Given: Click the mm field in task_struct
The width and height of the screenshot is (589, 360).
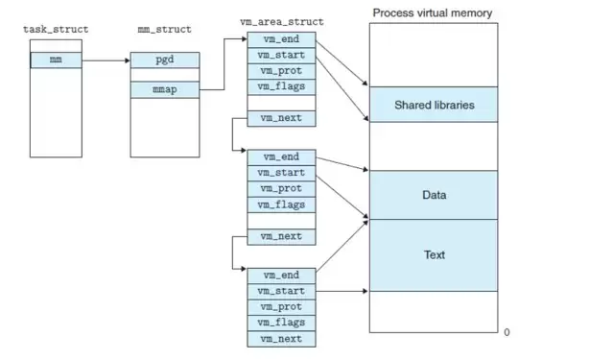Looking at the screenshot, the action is (56, 60).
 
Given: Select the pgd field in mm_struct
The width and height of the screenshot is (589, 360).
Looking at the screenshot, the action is (165, 60).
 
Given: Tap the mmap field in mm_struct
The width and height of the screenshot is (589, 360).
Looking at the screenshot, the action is (165, 90).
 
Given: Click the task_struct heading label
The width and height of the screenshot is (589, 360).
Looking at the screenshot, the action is (56, 30).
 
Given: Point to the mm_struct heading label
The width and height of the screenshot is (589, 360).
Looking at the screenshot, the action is (165, 30).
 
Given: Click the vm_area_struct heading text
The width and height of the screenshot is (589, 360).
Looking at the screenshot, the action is (282, 22).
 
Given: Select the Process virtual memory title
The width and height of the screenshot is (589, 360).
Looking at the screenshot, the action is (433, 13).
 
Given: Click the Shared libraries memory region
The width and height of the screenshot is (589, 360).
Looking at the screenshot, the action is (434, 105).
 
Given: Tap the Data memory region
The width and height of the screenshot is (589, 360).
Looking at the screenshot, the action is (434, 195).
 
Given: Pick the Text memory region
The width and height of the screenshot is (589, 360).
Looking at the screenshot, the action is (434, 255).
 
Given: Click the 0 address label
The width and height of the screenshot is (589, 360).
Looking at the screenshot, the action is (507, 332).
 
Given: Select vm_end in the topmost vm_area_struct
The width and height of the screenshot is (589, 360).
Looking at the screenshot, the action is (281, 39).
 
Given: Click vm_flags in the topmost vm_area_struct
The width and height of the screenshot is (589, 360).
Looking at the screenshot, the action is (281, 86).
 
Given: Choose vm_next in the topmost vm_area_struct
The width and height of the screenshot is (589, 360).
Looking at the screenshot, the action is (281, 118).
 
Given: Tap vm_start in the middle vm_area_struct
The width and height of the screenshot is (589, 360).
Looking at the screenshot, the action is (281, 173).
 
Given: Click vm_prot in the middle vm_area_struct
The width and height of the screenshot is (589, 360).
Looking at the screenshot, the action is (281, 189).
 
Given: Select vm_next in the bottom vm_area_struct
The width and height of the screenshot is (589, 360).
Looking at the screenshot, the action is (281, 339).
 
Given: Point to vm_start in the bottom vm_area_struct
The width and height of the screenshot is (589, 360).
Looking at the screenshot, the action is (281, 292).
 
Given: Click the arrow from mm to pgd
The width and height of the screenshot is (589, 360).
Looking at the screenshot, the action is (106, 60).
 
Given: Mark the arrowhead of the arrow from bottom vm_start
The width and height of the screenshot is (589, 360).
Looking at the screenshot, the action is (365, 291).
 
